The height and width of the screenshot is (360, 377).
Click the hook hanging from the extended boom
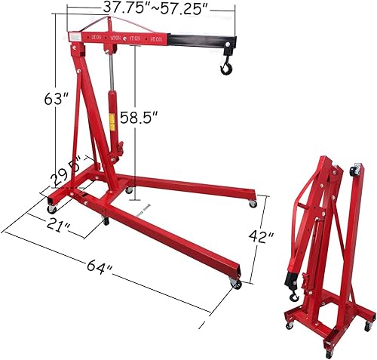click(225, 69)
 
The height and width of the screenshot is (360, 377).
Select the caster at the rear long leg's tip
click(253, 203)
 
